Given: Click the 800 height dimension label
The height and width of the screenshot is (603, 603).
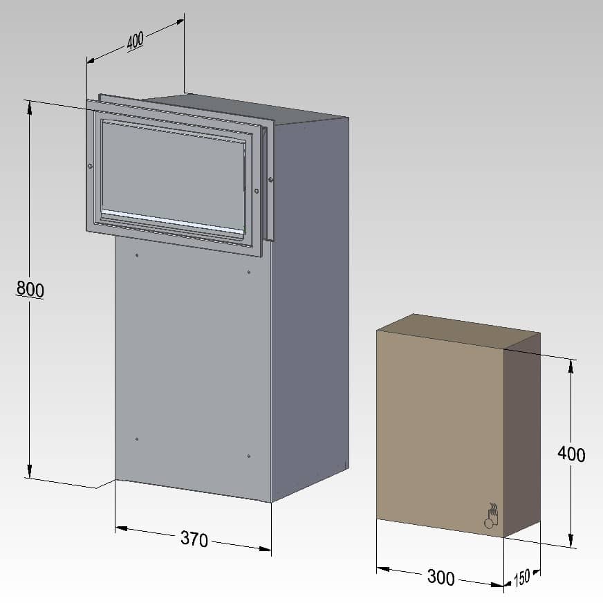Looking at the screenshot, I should pyautogui.click(x=30, y=289).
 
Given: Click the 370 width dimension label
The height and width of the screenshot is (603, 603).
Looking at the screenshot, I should pyautogui.click(x=194, y=539).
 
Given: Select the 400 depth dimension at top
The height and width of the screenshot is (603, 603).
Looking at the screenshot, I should pyautogui.click(x=135, y=41).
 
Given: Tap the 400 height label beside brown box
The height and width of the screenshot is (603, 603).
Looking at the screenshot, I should pyautogui.click(x=571, y=454).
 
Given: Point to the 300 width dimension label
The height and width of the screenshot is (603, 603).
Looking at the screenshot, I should pyautogui.click(x=440, y=577).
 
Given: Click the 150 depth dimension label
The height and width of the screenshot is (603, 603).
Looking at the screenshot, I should pyautogui.click(x=523, y=577).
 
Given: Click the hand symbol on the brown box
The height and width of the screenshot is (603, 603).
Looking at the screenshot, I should pyautogui.click(x=492, y=516).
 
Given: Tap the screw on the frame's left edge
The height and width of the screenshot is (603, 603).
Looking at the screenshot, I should pyautogui.click(x=90, y=165).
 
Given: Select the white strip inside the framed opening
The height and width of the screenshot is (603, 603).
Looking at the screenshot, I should pyautogui.click(x=173, y=219).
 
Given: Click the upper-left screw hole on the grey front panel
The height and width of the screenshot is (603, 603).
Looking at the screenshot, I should pyautogui.click(x=138, y=255).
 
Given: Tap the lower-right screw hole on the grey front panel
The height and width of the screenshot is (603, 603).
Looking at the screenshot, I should pyautogui.click(x=248, y=456).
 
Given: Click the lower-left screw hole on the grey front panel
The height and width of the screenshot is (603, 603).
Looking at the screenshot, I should pyautogui.click(x=137, y=439).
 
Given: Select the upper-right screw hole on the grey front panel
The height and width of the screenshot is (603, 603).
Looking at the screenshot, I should pyautogui.click(x=249, y=272).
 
